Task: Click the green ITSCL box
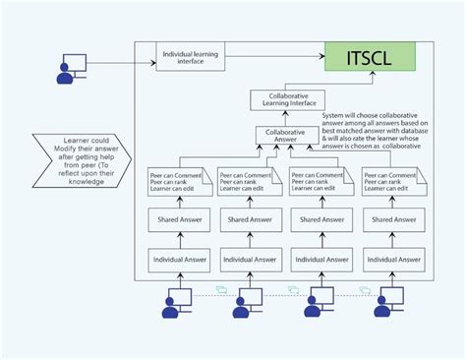point(371,57)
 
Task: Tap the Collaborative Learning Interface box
point(285,101)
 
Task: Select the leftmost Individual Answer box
point(179,260)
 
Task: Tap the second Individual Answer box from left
point(250,260)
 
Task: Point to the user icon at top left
point(71,67)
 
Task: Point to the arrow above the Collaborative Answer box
point(285,119)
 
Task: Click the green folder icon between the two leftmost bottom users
point(220,290)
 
